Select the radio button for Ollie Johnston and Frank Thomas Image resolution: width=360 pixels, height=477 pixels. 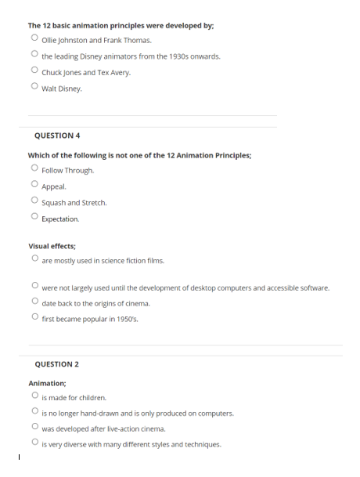point(34,38)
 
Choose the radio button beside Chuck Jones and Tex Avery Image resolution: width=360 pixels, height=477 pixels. point(34,71)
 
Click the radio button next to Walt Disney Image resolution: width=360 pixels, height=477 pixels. point(34,87)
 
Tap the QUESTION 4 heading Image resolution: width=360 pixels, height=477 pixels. point(58,135)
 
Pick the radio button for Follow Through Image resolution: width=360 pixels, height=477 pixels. point(34,168)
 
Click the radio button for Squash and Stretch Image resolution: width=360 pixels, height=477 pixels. point(34,201)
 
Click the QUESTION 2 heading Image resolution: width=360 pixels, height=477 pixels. point(57,364)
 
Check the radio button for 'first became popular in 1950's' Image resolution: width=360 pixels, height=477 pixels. point(34,317)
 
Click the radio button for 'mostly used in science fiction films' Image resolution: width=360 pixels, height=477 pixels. point(34,258)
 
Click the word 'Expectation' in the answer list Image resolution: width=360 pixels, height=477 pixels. point(60,219)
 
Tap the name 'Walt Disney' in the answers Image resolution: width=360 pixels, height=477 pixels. point(61,89)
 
